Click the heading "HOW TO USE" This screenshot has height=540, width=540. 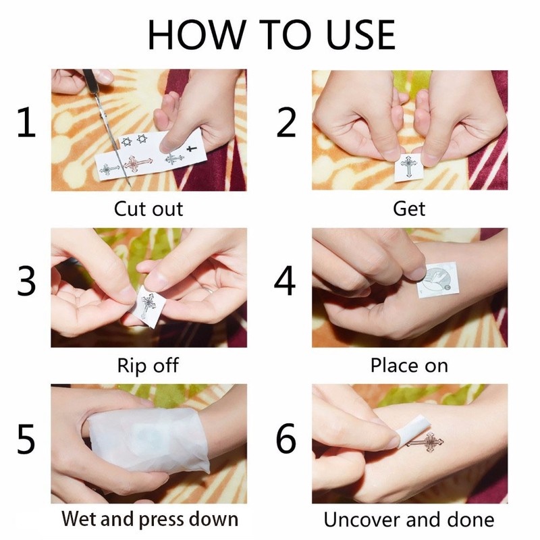pyautogui.click(x=271, y=35)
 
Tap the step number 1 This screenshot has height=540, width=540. pyautogui.click(x=27, y=122)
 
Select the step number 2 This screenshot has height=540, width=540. pyautogui.click(x=286, y=122)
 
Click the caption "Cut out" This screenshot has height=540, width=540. pyautogui.click(x=148, y=209)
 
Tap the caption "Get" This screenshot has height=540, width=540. pyautogui.click(x=409, y=209)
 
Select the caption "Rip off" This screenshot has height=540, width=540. pyautogui.click(x=148, y=365)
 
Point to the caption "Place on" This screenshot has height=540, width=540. pyautogui.click(x=409, y=365)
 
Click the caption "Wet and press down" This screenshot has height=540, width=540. pyautogui.click(x=150, y=518)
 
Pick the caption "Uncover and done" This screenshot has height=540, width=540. pyautogui.click(x=409, y=519)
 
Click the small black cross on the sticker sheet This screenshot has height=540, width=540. pyautogui.click(x=192, y=148)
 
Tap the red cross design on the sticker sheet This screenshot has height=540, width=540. pyautogui.click(x=138, y=163)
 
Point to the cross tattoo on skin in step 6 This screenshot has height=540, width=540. pyautogui.click(x=426, y=442)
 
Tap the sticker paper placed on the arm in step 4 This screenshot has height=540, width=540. pyautogui.click(x=437, y=280)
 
